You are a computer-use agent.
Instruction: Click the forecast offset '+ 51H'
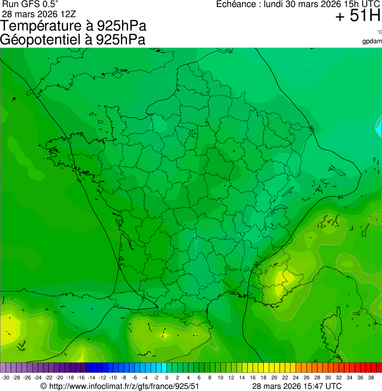click(x=358, y=16)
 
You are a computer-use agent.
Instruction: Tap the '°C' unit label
click(x=379, y=32)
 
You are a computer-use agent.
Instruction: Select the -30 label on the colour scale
click(x=5, y=378)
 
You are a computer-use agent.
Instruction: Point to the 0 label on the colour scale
click(x=166, y=378)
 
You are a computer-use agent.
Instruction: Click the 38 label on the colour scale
click(x=371, y=378)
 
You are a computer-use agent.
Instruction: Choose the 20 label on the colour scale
click(x=274, y=378)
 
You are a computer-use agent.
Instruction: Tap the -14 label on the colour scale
click(x=91, y=378)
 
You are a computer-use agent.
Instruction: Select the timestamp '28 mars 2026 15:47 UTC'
click(x=297, y=386)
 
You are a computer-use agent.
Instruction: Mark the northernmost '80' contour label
click(x=311, y=128)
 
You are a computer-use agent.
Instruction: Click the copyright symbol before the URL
click(x=43, y=386)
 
